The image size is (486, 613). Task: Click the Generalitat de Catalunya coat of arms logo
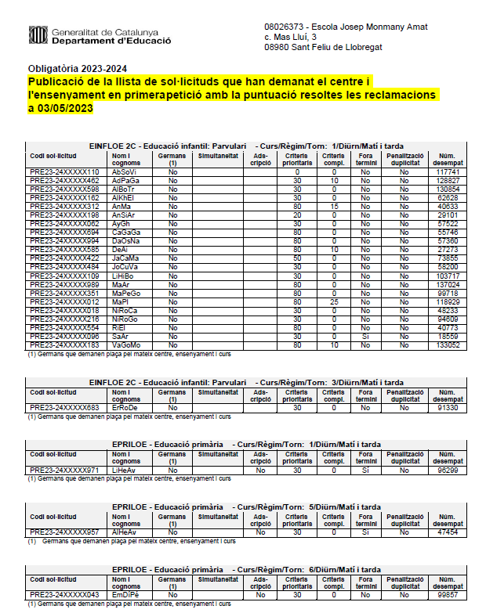[37, 35]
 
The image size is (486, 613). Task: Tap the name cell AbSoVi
[125, 171]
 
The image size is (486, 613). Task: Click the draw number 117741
[448, 171]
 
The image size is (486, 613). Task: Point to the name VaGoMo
[125, 345]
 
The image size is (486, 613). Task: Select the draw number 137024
[448, 284]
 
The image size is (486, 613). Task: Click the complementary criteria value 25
[334, 301]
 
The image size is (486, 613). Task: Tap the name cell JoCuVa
[125, 267]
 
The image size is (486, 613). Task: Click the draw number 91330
[448, 407]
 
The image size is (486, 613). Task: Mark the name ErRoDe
[125, 407]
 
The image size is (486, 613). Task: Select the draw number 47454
[448, 532]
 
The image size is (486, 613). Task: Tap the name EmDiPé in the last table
[125, 595]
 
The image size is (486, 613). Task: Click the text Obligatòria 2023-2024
[77, 68]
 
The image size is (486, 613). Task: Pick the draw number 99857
[448, 595]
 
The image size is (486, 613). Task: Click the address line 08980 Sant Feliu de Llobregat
[323, 47]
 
